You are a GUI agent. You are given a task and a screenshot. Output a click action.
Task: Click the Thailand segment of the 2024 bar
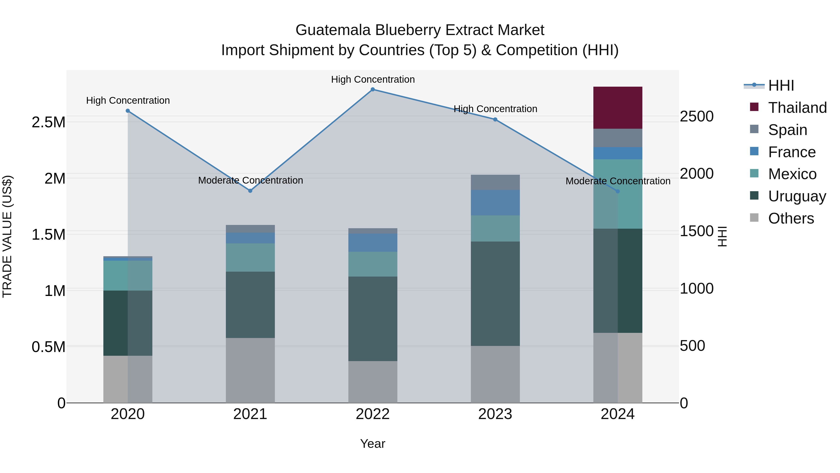(x=618, y=107)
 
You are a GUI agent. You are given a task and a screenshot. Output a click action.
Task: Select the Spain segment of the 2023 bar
(x=495, y=182)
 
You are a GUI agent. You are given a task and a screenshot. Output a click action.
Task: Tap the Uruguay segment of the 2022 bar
(x=373, y=319)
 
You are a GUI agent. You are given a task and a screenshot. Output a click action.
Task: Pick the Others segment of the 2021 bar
(x=250, y=370)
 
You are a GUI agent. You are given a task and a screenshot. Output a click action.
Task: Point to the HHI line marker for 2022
(x=373, y=89)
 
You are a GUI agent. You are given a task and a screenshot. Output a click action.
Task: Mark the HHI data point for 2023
(x=495, y=119)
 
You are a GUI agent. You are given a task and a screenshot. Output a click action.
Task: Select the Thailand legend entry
(x=797, y=108)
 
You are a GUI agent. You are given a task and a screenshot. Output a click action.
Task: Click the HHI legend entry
(x=781, y=85)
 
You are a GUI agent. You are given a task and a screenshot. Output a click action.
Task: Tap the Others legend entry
(x=791, y=218)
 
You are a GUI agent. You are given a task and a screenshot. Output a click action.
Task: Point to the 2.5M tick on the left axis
(x=49, y=122)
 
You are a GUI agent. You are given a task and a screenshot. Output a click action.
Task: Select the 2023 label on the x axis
(x=495, y=414)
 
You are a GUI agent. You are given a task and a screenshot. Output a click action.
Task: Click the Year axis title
(x=373, y=444)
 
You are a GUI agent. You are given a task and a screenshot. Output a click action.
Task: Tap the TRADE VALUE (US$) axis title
(x=7, y=236)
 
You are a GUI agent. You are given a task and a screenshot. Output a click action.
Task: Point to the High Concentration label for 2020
(x=128, y=100)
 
